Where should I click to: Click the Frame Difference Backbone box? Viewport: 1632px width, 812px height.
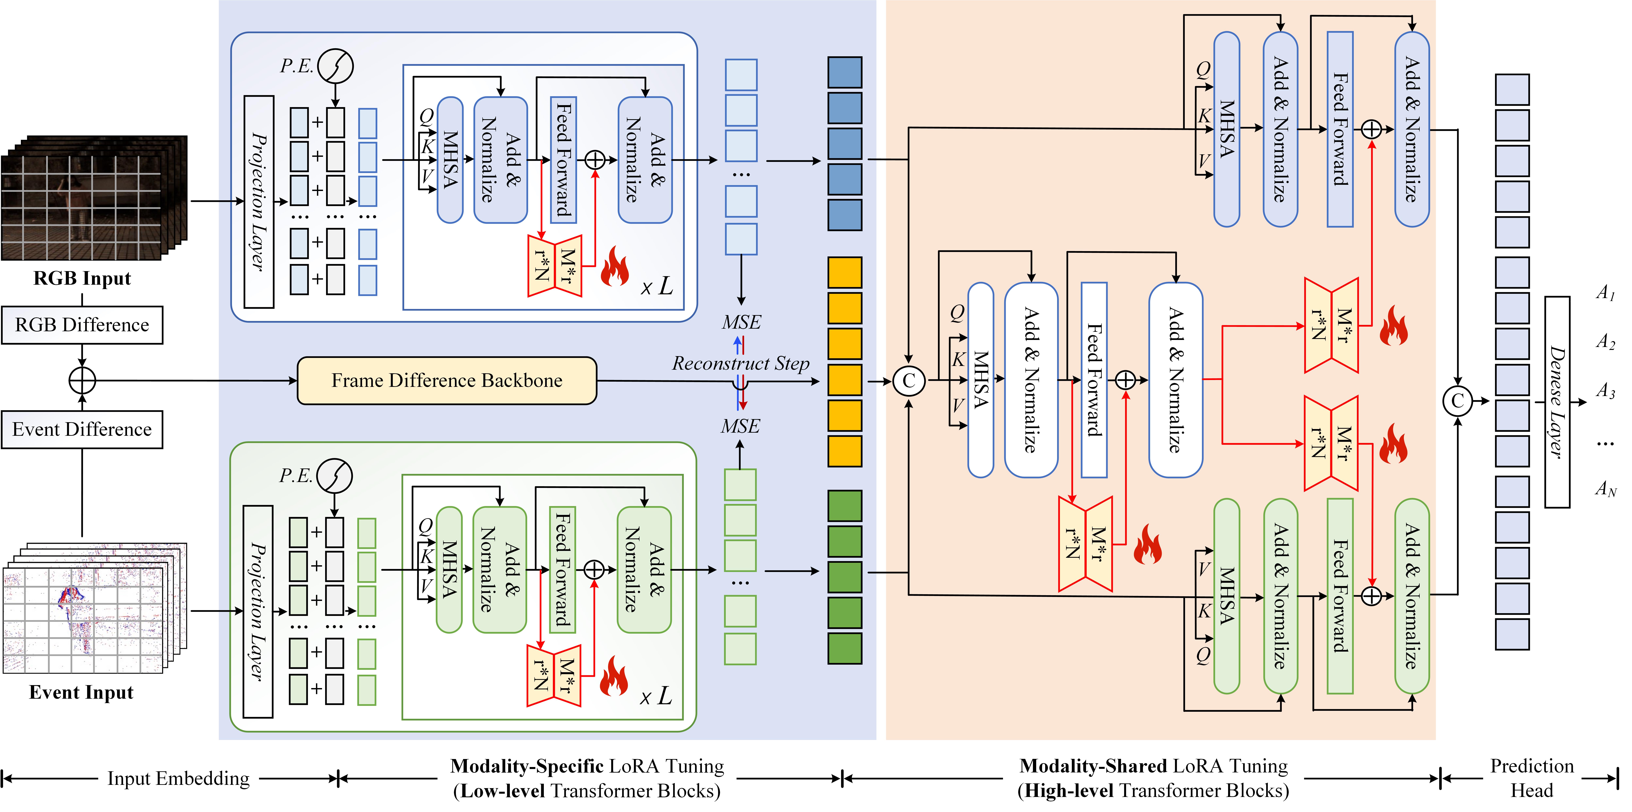point(447,380)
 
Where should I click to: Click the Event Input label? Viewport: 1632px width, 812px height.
point(81,692)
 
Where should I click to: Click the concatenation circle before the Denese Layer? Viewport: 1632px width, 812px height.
point(1457,401)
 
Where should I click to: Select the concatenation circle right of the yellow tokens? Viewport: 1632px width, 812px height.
point(909,381)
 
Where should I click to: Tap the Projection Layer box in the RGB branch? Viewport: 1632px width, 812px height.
point(258,202)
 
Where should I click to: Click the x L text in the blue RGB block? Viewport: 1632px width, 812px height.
point(656,286)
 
